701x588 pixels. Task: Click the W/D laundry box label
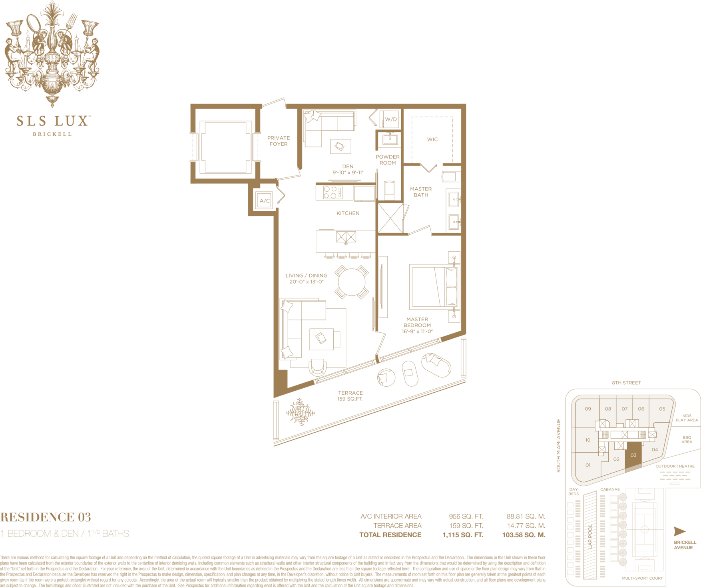click(x=391, y=119)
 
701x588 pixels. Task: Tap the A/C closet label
click(x=265, y=201)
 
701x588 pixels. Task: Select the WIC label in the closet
click(x=432, y=139)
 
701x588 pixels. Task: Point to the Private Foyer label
click(x=279, y=141)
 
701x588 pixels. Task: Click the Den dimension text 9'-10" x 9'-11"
click(x=348, y=173)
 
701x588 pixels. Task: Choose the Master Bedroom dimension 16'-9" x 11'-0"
click(x=417, y=331)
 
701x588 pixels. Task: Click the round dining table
click(x=352, y=282)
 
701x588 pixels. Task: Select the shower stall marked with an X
click(x=390, y=218)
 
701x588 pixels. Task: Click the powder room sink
click(x=390, y=139)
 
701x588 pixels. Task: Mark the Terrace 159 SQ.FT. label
click(x=350, y=396)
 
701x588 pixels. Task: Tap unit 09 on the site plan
click(x=588, y=409)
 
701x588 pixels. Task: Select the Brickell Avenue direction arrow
click(x=679, y=531)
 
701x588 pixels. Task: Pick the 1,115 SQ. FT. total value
click(x=462, y=535)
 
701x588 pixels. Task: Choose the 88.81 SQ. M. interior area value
click(x=526, y=516)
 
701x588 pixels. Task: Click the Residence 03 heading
click(x=46, y=517)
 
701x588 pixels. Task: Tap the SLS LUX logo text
click(x=53, y=121)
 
